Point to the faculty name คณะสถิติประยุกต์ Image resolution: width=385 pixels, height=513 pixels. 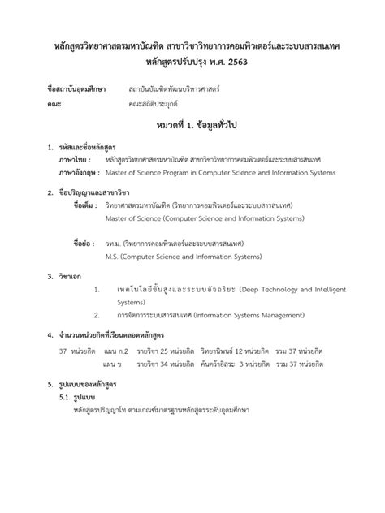(154, 104)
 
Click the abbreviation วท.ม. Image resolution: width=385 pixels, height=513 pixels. (115, 242)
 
